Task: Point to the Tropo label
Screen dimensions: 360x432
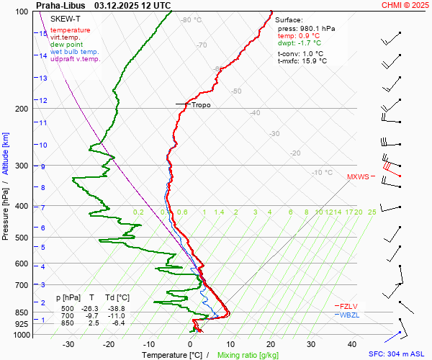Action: coord(201,104)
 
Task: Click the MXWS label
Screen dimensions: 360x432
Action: coord(358,176)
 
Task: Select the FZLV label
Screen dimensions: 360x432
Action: coord(349,306)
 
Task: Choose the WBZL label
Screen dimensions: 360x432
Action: coord(350,315)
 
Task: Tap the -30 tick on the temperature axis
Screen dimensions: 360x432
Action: coord(68,344)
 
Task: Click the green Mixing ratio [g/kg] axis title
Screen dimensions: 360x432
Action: coord(248,355)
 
